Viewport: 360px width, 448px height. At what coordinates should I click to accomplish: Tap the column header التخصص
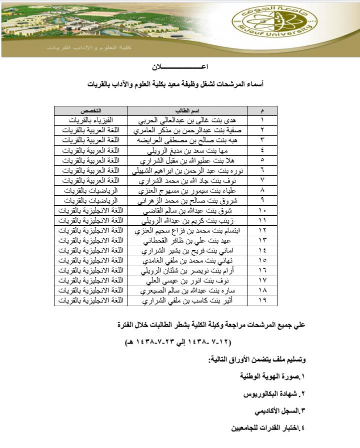click(x=90, y=110)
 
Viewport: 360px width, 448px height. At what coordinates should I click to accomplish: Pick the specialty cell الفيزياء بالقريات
click(x=90, y=120)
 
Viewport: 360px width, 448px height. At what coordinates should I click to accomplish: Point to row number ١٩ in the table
click(x=263, y=300)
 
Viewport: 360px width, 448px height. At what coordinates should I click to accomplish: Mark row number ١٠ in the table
click(x=263, y=210)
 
